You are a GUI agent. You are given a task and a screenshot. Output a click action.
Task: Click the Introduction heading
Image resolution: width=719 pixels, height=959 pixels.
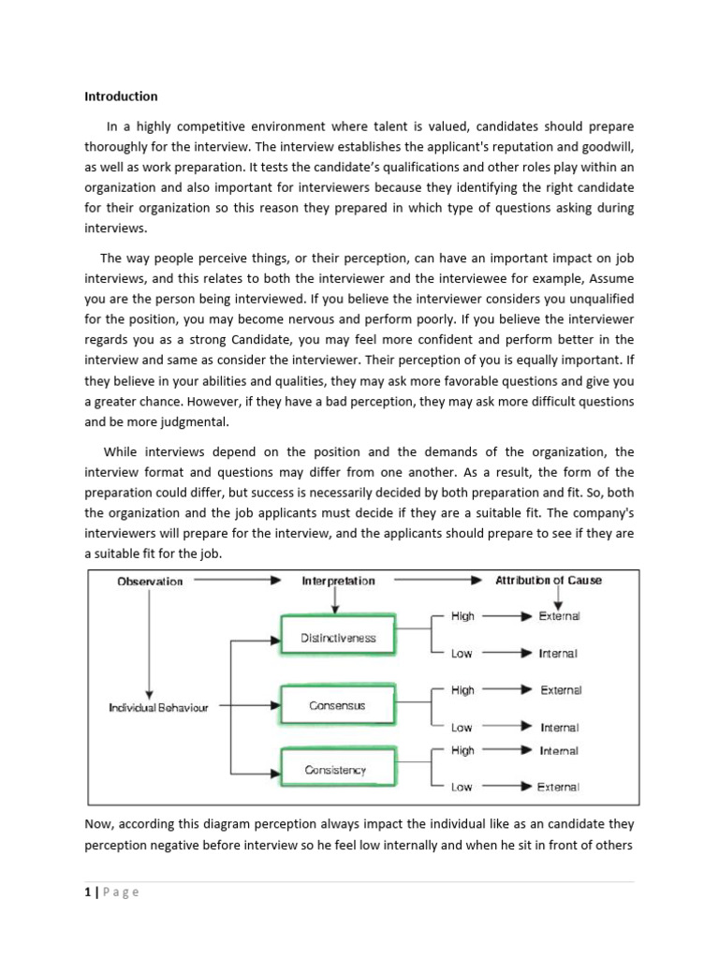[x=121, y=96]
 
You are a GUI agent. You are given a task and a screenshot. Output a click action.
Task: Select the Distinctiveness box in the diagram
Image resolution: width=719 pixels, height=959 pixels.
[x=338, y=638]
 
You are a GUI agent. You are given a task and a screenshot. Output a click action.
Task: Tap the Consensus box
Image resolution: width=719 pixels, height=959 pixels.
[x=338, y=705]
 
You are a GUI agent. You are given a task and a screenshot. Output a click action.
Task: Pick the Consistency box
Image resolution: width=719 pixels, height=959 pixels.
[x=335, y=771]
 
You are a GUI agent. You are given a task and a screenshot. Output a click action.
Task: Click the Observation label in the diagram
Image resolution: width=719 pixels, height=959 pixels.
[x=150, y=581]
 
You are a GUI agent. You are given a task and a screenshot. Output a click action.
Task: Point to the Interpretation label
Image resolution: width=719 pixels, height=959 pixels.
[x=338, y=581]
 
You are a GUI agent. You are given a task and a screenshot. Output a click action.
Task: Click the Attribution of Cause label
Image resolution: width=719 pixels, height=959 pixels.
[x=548, y=581]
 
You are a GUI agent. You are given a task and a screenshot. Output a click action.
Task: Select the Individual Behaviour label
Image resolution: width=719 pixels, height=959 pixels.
[x=158, y=708]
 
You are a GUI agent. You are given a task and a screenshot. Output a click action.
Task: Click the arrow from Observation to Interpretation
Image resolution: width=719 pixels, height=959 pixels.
[x=234, y=581]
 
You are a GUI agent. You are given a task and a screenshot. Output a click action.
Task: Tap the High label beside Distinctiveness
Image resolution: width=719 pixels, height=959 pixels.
[x=462, y=616]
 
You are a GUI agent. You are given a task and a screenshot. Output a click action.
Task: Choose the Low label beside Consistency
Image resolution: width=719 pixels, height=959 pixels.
[x=462, y=787]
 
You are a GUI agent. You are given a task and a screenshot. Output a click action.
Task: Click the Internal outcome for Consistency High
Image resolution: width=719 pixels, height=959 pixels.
[x=559, y=750]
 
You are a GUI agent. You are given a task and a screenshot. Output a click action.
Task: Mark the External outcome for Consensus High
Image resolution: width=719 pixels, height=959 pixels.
[x=560, y=690]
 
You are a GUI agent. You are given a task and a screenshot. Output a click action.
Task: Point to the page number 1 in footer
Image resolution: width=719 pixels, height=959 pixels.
[x=87, y=892]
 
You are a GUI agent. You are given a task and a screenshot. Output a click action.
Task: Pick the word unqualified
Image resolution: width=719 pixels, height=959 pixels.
[x=599, y=299]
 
